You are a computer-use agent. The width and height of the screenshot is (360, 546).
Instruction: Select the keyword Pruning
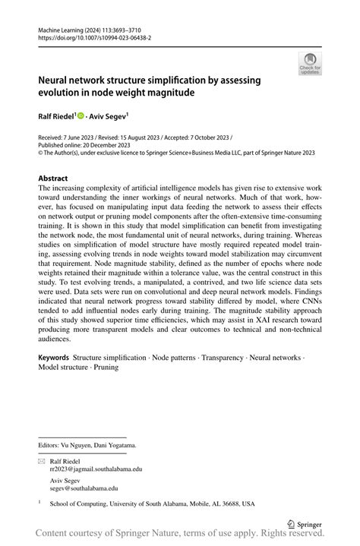104,367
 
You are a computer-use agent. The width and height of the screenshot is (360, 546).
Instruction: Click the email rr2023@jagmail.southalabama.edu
96,469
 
